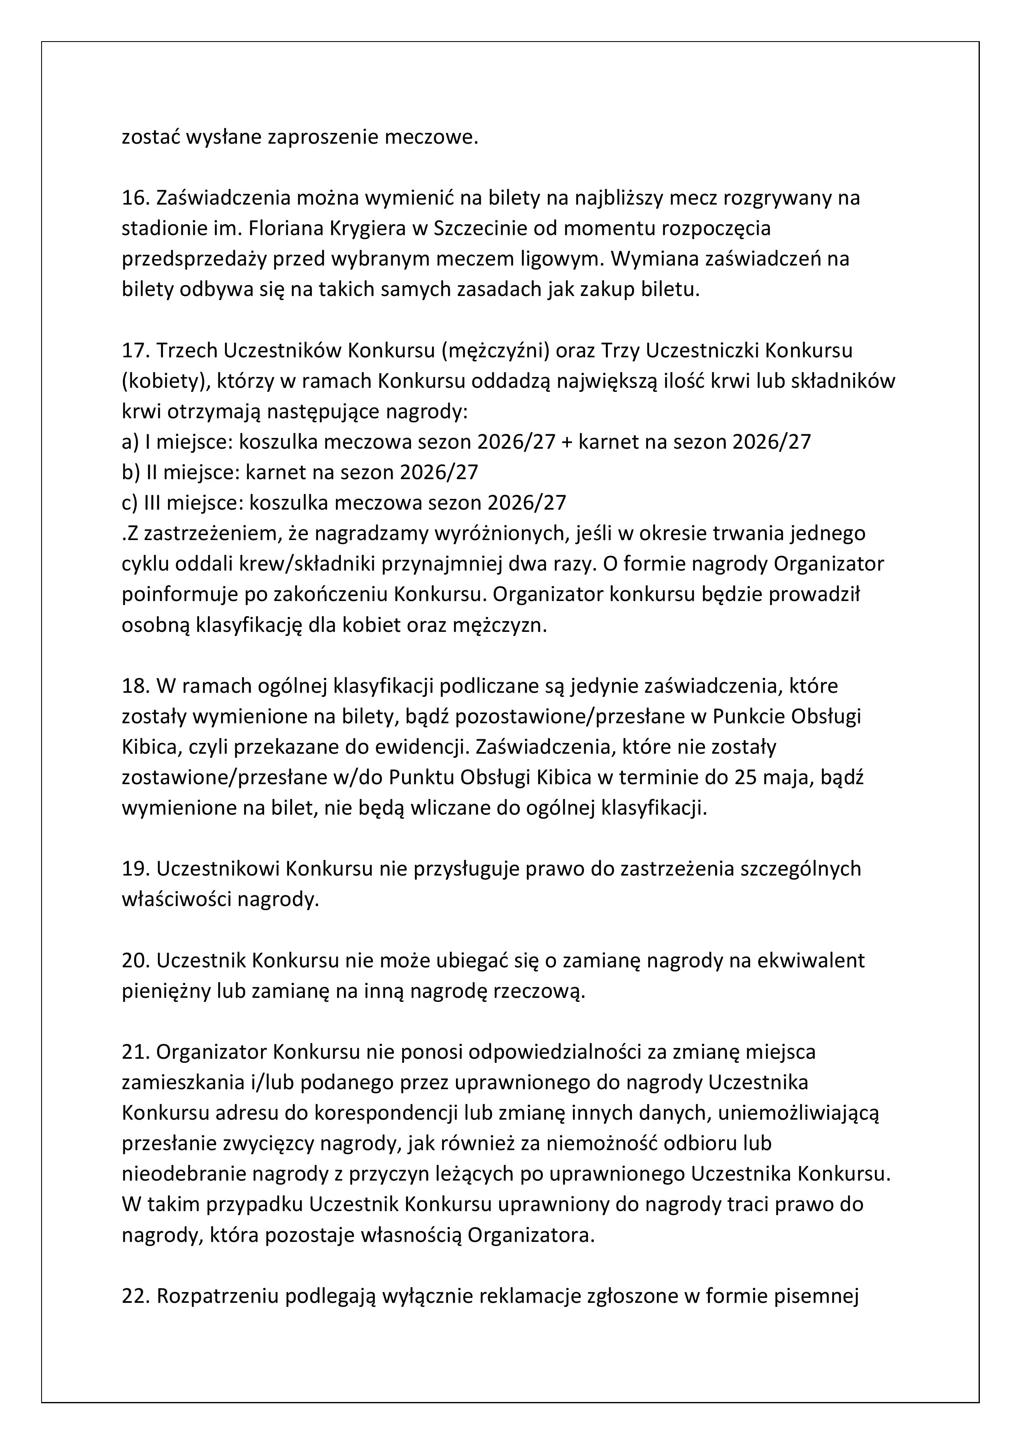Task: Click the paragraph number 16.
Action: (x=135, y=198)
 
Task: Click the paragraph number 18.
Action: (x=135, y=685)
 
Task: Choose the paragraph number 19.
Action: (x=135, y=869)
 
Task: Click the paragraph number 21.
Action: (x=135, y=1052)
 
